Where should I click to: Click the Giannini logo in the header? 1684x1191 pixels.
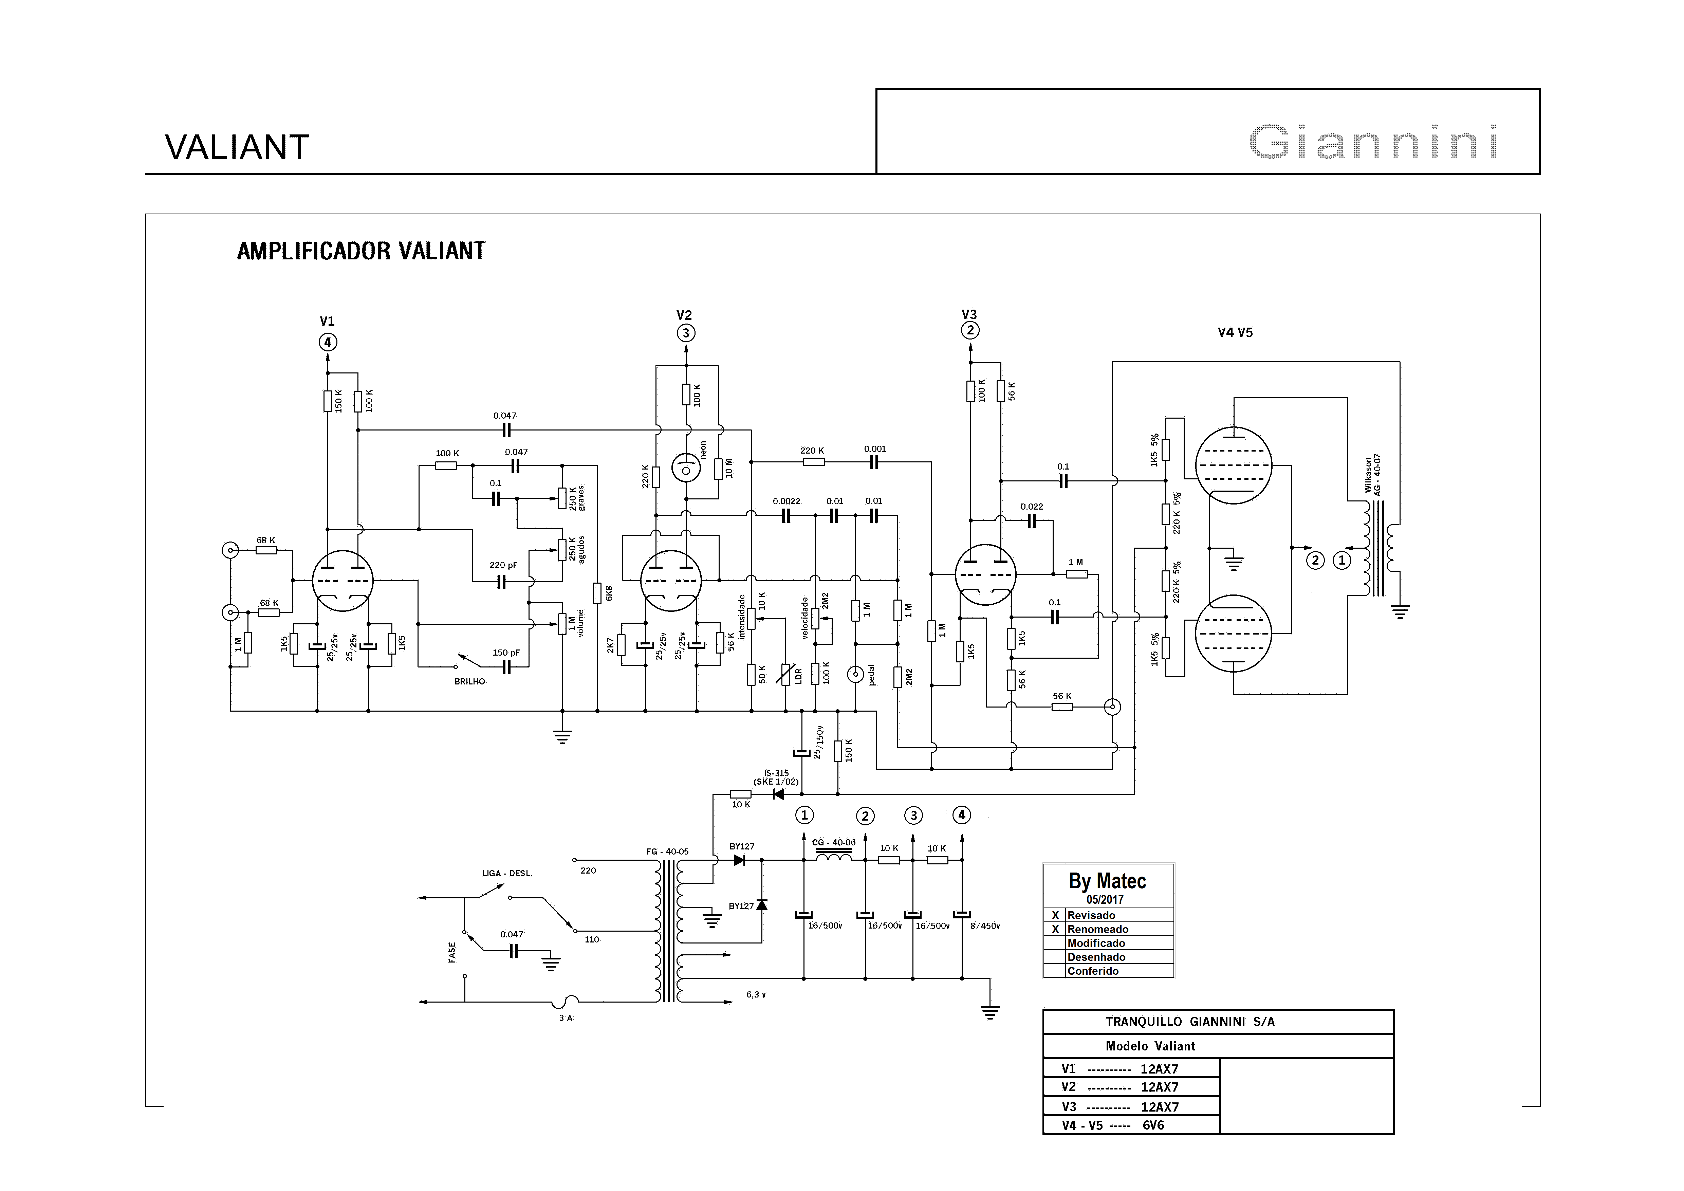pos(1373,142)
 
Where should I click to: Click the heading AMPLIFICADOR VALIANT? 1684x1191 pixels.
pos(361,252)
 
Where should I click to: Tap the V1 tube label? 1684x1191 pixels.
pos(327,321)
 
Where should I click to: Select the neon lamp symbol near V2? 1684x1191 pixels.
pos(686,468)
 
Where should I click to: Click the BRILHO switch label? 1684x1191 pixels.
pos(469,681)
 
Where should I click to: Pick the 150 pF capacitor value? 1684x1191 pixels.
pos(506,653)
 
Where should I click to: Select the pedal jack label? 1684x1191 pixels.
pos(872,675)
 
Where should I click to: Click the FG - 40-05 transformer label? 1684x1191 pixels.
pos(667,851)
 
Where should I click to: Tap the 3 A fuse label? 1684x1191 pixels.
pos(566,1018)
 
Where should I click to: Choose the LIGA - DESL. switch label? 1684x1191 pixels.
pos(507,874)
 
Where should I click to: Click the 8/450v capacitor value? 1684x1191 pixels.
pos(985,926)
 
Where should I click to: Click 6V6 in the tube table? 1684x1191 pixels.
pos(1154,1125)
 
